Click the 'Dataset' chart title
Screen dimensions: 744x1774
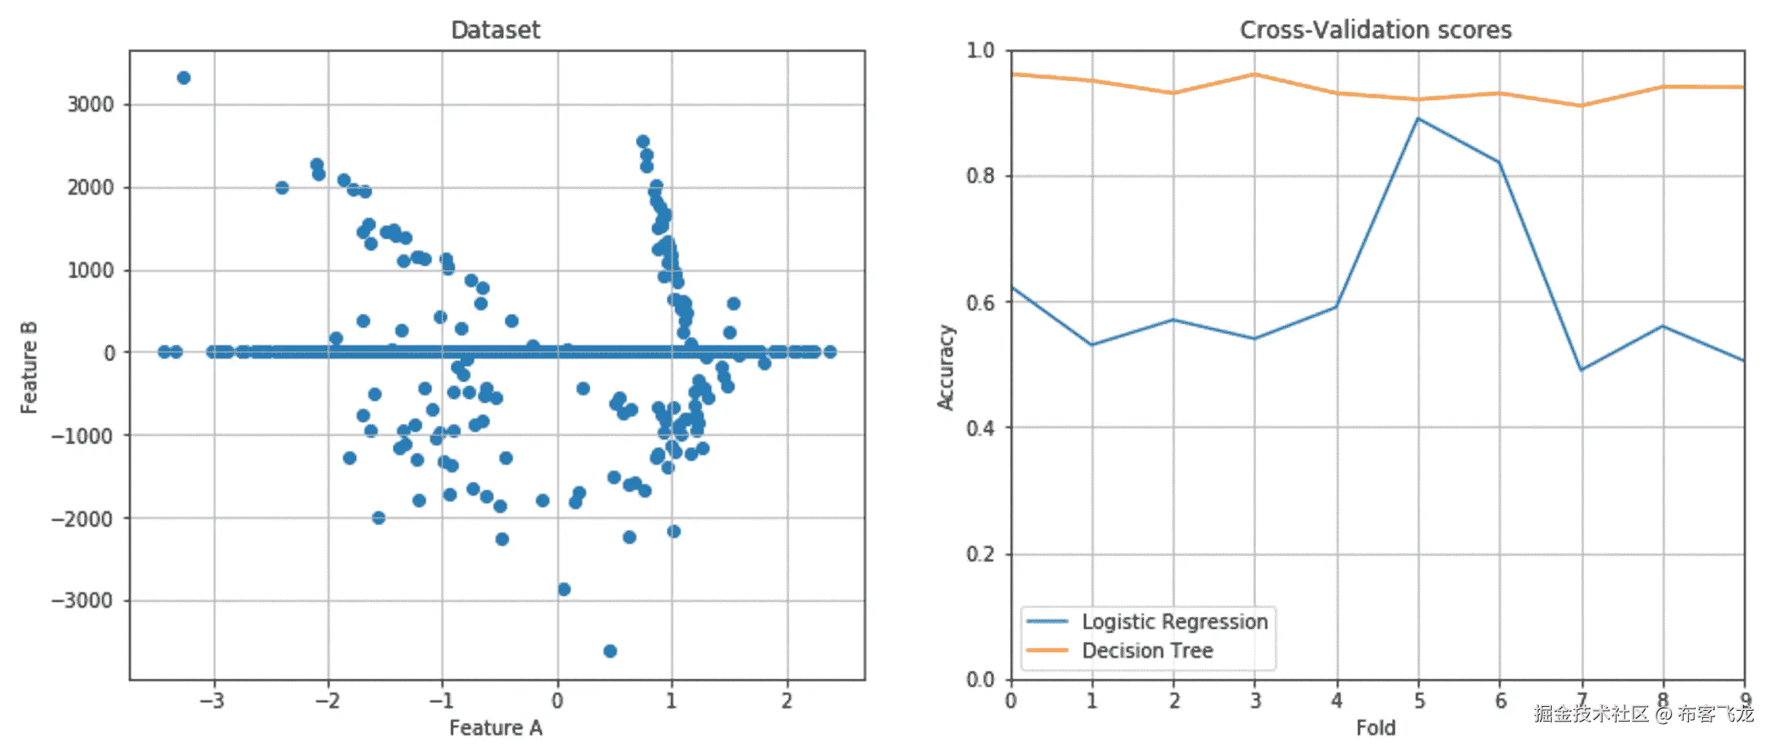[x=495, y=30]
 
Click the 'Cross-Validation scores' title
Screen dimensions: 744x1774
[x=1375, y=30]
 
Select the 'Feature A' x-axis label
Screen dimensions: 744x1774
[x=496, y=728]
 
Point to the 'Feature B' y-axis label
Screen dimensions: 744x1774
[x=29, y=367]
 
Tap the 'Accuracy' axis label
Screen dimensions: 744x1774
[x=946, y=367]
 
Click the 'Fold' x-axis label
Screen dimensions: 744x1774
[x=1375, y=728]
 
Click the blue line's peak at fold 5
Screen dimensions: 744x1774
[x=1418, y=119]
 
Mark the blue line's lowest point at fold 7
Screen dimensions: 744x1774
[x=1582, y=370]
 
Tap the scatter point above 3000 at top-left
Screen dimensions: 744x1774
[x=184, y=78]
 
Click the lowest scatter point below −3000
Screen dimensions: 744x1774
[x=610, y=651]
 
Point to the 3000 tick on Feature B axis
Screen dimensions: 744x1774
[x=90, y=105]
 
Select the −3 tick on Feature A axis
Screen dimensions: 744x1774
[x=212, y=701]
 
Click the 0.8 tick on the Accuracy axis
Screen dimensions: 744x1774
[x=980, y=176]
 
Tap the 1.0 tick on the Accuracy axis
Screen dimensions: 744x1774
[x=980, y=50]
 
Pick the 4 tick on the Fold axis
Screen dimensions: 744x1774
[x=1336, y=701]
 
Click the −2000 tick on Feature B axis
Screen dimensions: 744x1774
[x=83, y=519]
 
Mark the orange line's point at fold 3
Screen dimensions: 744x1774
[x=1254, y=74]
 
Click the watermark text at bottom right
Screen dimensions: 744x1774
[x=1644, y=714]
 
